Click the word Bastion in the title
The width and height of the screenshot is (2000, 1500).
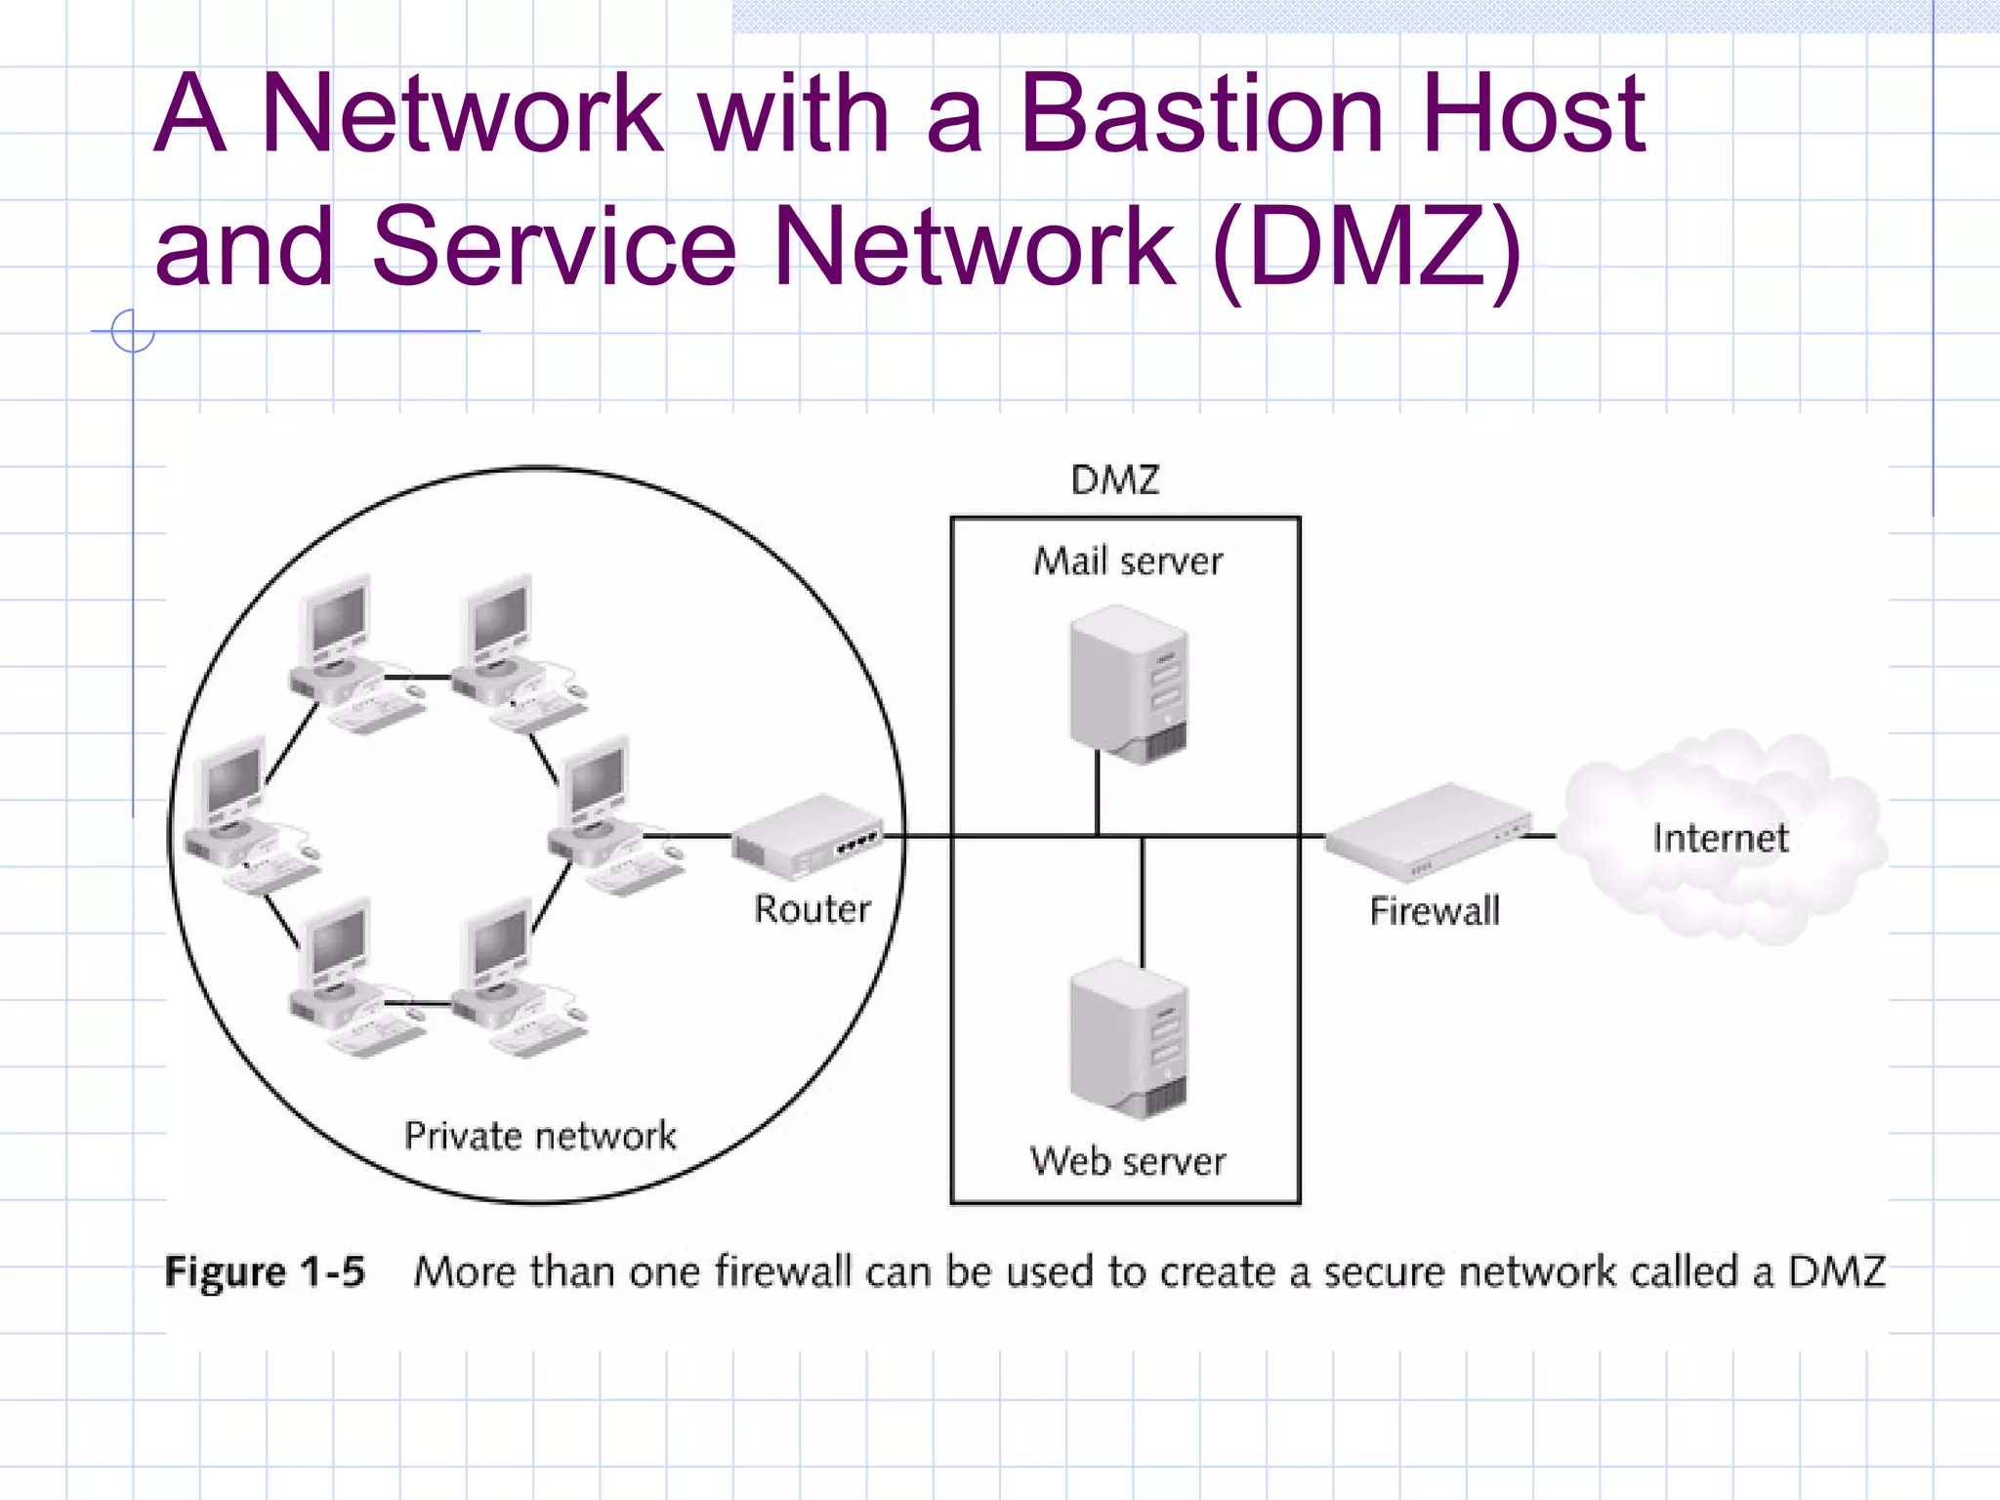[1201, 115]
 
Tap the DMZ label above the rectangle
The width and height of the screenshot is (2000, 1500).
[1114, 480]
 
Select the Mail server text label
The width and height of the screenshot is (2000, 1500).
[1128, 562]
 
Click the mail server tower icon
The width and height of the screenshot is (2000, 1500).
[1129, 684]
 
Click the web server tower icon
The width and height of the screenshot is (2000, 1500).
[1129, 1039]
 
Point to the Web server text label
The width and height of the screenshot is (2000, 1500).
[1128, 1162]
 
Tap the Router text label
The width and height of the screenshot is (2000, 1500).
[812, 909]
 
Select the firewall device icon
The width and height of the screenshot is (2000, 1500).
[1428, 830]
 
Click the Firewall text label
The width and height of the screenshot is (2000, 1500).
[1434, 911]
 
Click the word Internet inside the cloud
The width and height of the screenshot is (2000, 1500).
[1720, 838]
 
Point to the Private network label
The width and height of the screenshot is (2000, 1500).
[540, 1136]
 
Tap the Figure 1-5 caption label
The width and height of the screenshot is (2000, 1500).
[265, 1271]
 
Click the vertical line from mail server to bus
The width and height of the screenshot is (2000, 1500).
[1098, 793]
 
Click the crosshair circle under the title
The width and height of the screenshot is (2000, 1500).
[133, 331]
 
